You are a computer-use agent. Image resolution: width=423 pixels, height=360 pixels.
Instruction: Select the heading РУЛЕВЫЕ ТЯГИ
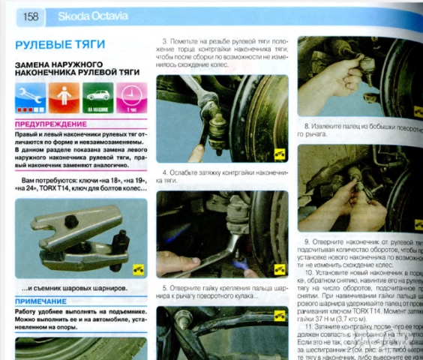[59, 44]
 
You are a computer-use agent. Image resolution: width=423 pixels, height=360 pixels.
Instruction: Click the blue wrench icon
[29, 97]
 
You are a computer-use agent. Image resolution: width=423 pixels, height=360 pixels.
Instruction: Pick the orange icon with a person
[64, 97]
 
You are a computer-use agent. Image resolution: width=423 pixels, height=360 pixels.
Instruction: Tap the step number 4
[164, 172]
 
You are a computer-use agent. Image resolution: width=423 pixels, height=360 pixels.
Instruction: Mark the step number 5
[164, 288]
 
